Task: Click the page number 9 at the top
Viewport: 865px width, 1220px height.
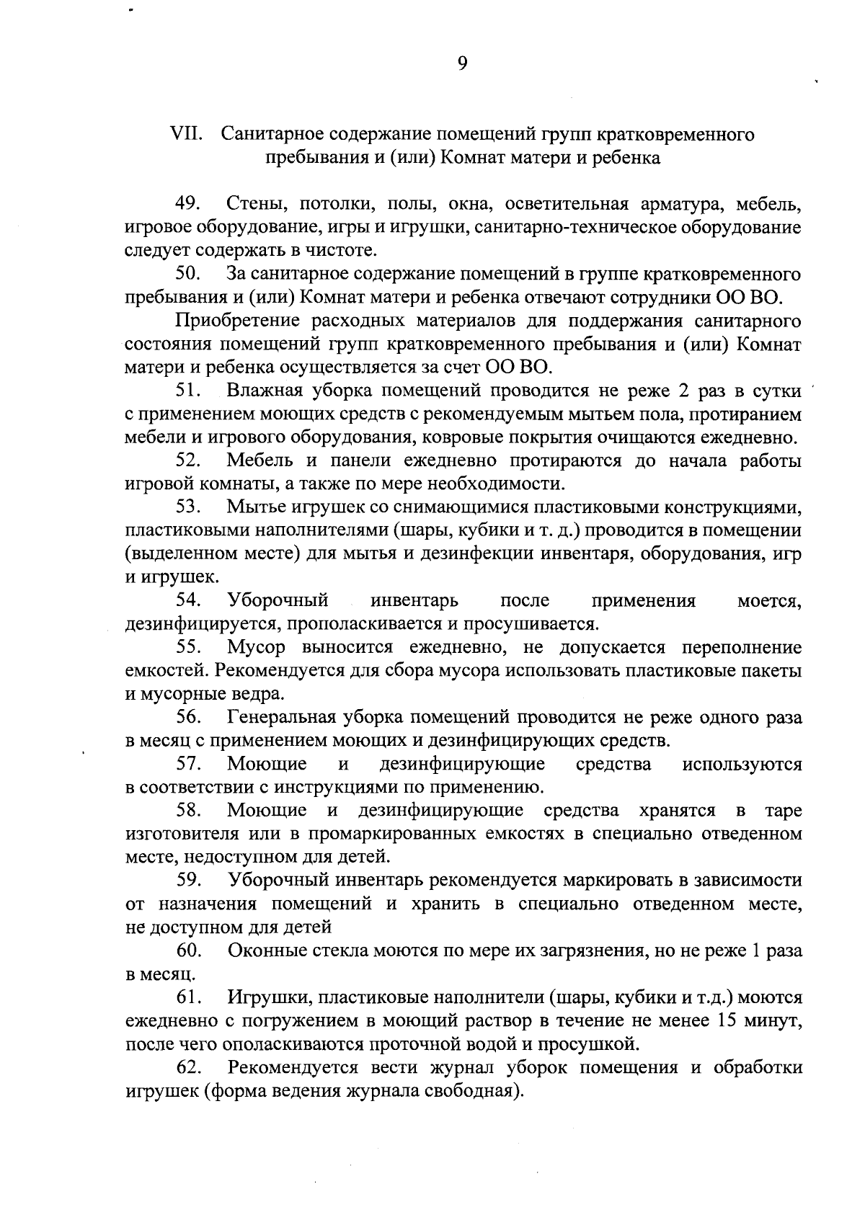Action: (x=462, y=64)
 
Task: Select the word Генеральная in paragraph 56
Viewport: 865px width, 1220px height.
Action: (x=280, y=717)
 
